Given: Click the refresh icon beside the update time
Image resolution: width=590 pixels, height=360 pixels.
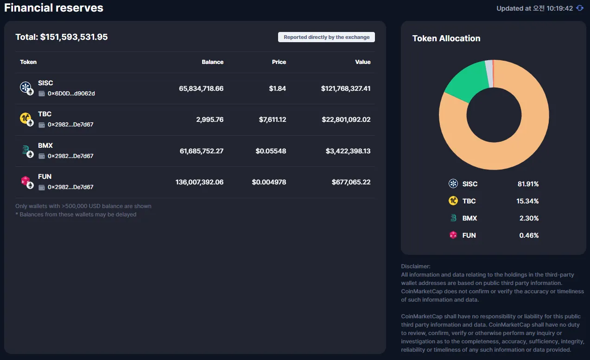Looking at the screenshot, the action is [x=580, y=8].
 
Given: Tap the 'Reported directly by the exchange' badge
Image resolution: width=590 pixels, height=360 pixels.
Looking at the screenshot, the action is [x=326, y=37].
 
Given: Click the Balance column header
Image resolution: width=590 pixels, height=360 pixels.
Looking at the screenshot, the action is [x=213, y=62].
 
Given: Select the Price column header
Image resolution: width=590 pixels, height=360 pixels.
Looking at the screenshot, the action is [x=279, y=62].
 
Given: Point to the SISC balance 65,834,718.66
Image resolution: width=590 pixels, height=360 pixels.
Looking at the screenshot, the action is [x=201, y=88].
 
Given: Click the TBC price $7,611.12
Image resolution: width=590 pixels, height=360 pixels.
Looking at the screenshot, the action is [x=273, y=120].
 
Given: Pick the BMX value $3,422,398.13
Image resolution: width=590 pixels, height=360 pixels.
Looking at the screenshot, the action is [x=348, y=151].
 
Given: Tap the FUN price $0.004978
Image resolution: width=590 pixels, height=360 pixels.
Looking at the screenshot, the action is [x=269, y=182].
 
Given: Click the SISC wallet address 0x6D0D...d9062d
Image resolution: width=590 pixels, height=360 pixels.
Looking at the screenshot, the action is [x=71, y=94].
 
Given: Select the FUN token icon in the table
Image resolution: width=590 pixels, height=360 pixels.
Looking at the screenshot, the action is [x=26, y=182].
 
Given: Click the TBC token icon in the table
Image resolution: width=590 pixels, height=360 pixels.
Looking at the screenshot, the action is [x=26, y=119].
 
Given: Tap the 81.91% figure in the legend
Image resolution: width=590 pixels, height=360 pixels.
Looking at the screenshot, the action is [x=528, y=184].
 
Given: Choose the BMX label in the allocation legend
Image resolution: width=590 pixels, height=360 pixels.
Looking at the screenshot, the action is [x=469, y=218].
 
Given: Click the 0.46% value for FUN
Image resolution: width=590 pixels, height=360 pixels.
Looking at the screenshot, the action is [x=529, y=235].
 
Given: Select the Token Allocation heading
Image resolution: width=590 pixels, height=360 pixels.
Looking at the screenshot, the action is [x=446, y=38].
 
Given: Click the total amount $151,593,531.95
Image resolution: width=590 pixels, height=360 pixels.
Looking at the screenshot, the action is [x=74, y=37].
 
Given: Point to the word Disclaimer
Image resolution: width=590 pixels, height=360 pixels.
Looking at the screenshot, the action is [x=416, y=266].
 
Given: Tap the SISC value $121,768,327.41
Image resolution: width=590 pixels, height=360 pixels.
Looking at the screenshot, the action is [x=346, y=88].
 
